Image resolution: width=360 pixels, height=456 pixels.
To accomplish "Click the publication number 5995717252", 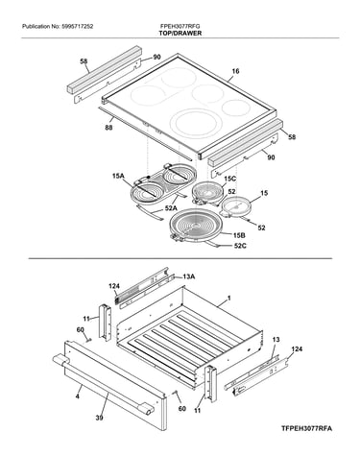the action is click(x=77, y=27).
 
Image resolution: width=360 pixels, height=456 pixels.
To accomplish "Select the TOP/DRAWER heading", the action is click(x=180, y=34).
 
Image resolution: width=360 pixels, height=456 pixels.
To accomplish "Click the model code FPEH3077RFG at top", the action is click(x=180, y=27).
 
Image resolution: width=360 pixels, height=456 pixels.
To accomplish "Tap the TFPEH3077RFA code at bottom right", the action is click(x=306, y=428).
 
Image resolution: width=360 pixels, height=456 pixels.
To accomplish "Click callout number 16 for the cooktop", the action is click(x=235, y=71).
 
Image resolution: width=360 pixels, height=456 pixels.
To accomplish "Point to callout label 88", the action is click(x=108, y=129).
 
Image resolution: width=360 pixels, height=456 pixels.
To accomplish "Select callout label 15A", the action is click(x=118, y=176).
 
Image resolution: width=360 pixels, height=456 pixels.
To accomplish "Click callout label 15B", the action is click(x=239, y=235).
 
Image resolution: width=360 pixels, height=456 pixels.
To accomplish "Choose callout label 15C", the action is click(x=229, y=179).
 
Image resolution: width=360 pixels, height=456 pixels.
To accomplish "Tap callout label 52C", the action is click(x=241, y=246).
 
